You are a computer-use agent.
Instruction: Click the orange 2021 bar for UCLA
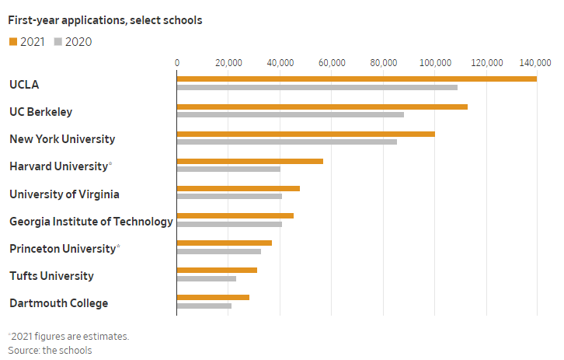coord(357,79)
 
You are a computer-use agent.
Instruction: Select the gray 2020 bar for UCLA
coord(317,87)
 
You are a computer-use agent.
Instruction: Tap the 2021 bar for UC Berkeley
coord(322,107)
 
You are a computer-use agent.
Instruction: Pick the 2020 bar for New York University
coord(287,142)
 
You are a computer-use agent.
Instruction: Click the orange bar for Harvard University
coord(249,161)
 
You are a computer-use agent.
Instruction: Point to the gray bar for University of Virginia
coord(229,196)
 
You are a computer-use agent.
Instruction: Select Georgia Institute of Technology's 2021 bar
coord(235,215)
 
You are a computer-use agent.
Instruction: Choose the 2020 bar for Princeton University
coord(218,251)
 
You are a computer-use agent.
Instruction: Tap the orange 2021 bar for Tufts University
coord(217,270)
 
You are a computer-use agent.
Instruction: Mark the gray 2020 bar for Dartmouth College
coord(204,306)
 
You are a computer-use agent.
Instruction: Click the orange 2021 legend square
coord(12,42)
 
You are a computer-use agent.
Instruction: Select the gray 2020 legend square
coord(57,42)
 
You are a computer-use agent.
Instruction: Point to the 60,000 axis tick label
coord(331,63)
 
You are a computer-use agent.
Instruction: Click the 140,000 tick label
coord(536,63)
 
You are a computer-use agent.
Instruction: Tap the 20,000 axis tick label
coord(228,63)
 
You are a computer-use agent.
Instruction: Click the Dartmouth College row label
coord(58,303)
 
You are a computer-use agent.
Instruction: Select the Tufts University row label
coord(51,276)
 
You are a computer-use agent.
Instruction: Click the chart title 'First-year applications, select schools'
coord(105,20)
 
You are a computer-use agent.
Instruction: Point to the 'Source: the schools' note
coord(50,350)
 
